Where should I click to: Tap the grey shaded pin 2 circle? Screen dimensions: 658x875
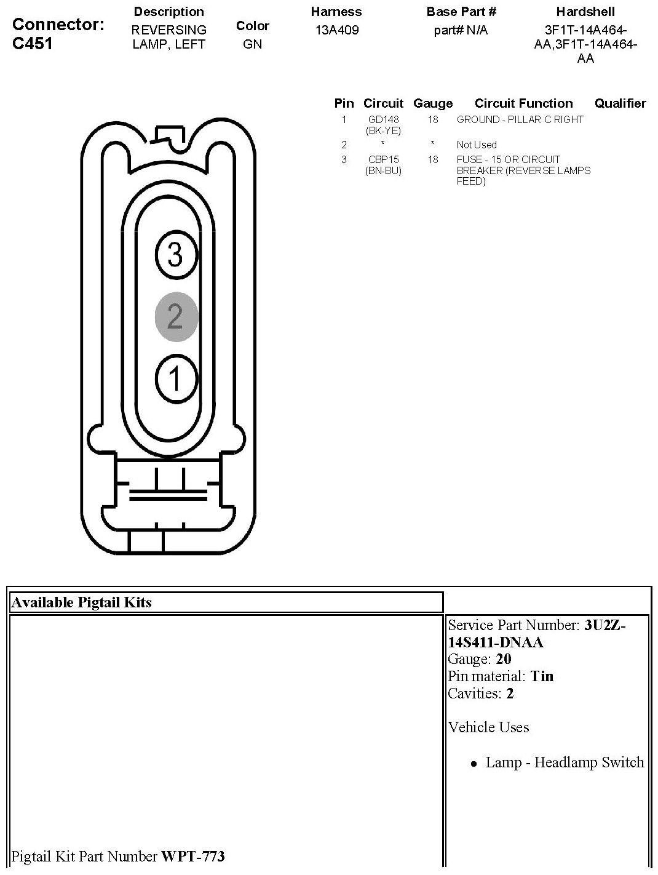[x=175, y=316]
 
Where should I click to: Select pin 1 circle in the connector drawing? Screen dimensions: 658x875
[x=176, y=378]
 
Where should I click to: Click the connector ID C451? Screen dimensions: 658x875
[x=33, y=44]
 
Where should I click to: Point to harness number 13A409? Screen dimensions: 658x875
[x=336, y=30]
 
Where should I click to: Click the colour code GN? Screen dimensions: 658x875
[x=252, y=44]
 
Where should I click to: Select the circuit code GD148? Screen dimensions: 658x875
[x=383, y=119]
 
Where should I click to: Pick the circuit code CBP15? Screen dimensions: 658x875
[x=383, y=159]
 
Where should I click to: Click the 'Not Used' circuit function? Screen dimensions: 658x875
[x=476, y=145]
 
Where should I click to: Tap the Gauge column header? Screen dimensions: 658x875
[x=433, y=103]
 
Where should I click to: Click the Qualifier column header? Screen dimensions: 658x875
[x=620, y=103]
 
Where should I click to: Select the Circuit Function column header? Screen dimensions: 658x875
[x=523, y=103]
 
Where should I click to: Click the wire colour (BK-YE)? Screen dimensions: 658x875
[x=383, y=130]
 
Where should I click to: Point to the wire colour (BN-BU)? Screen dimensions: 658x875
[x=383, y=170]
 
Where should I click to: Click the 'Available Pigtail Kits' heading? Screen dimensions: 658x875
[x=82, y=602]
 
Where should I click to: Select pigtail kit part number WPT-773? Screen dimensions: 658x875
[x=192, y=856]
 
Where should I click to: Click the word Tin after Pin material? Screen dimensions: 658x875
[x=542, y=676]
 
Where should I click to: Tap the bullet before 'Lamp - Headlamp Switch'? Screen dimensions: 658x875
[x=474, y=764]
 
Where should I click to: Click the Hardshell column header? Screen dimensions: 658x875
[x=585, y=12]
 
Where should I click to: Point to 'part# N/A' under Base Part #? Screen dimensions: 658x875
[x=461, y=30]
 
